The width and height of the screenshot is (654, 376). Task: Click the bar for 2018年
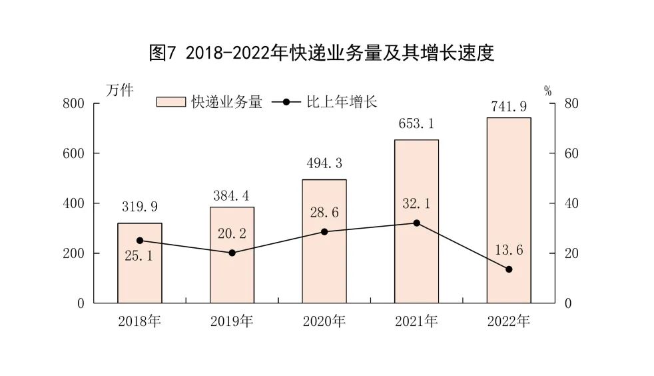click(140, 263)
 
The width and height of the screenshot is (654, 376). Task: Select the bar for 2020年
click(324, 241)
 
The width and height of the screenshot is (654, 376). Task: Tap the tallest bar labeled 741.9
click(509, 210)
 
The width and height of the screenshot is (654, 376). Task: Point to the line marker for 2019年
click(232, 253)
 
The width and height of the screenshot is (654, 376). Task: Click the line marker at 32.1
click(417, 223)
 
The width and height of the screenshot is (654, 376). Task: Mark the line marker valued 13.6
click(509, 269)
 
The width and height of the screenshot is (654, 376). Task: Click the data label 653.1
click(416, 123)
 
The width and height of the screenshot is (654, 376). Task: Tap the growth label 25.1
click(139, 255)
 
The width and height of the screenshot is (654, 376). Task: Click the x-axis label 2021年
click(416, 321)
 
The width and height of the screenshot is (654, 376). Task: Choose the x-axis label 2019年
click(232, 321)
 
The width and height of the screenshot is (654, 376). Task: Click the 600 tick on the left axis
click(74, 153)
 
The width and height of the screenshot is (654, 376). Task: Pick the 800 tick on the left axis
click(74, 103)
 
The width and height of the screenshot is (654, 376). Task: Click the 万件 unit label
click(120, 90)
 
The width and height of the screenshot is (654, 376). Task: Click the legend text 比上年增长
click(341, 102)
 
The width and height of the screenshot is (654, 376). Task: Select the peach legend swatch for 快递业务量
click(170, 102)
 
